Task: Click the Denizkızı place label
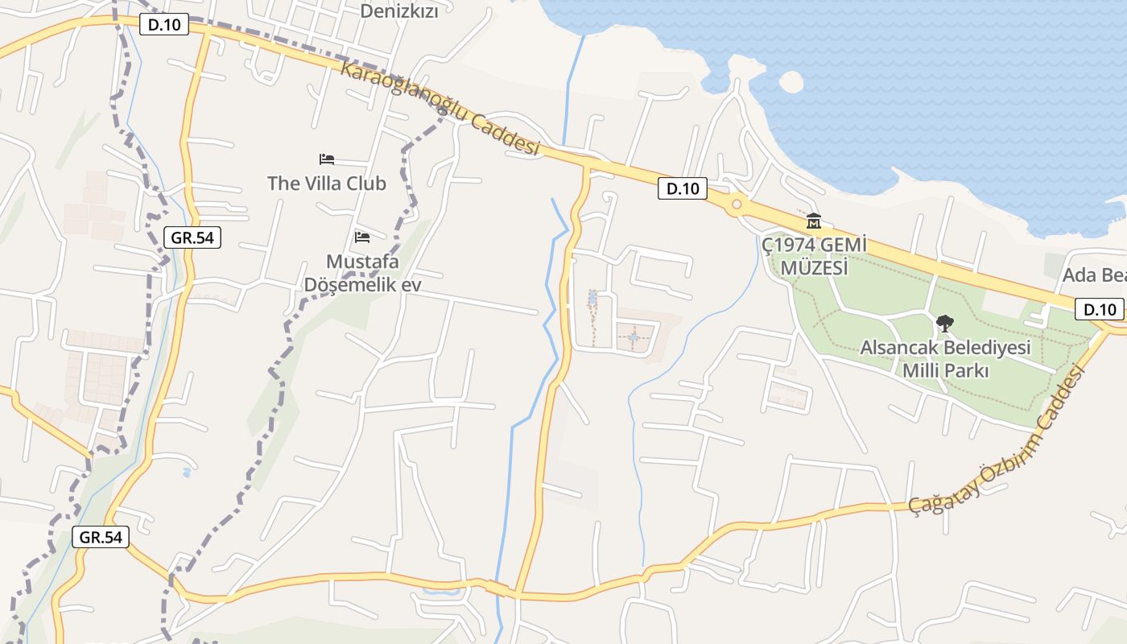click(x=399, y=10)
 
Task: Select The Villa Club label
click(x=327, y=184)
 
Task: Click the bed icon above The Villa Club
click(x=327, y=159)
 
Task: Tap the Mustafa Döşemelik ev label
click(x=362, y=273)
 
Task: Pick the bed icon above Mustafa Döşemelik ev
click(x=362, y=237)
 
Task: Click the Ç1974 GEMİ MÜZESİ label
click(x=806, y=255)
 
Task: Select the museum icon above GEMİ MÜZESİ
click(x=814, y=221)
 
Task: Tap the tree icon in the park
click(x=945, y=324)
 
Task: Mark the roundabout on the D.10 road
click(x=736, y=204)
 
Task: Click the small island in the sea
click(x=791, y=82)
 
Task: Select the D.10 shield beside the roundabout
click(x=683, y=189)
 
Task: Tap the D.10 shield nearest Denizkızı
click(x=164, y=25)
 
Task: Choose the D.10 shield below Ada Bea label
click(x=1100, y=308)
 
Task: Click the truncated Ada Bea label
click(x=1094, y=275)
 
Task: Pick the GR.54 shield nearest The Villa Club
click(x=192, y=237)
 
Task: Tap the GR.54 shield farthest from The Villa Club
click(x=101, y=537)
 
